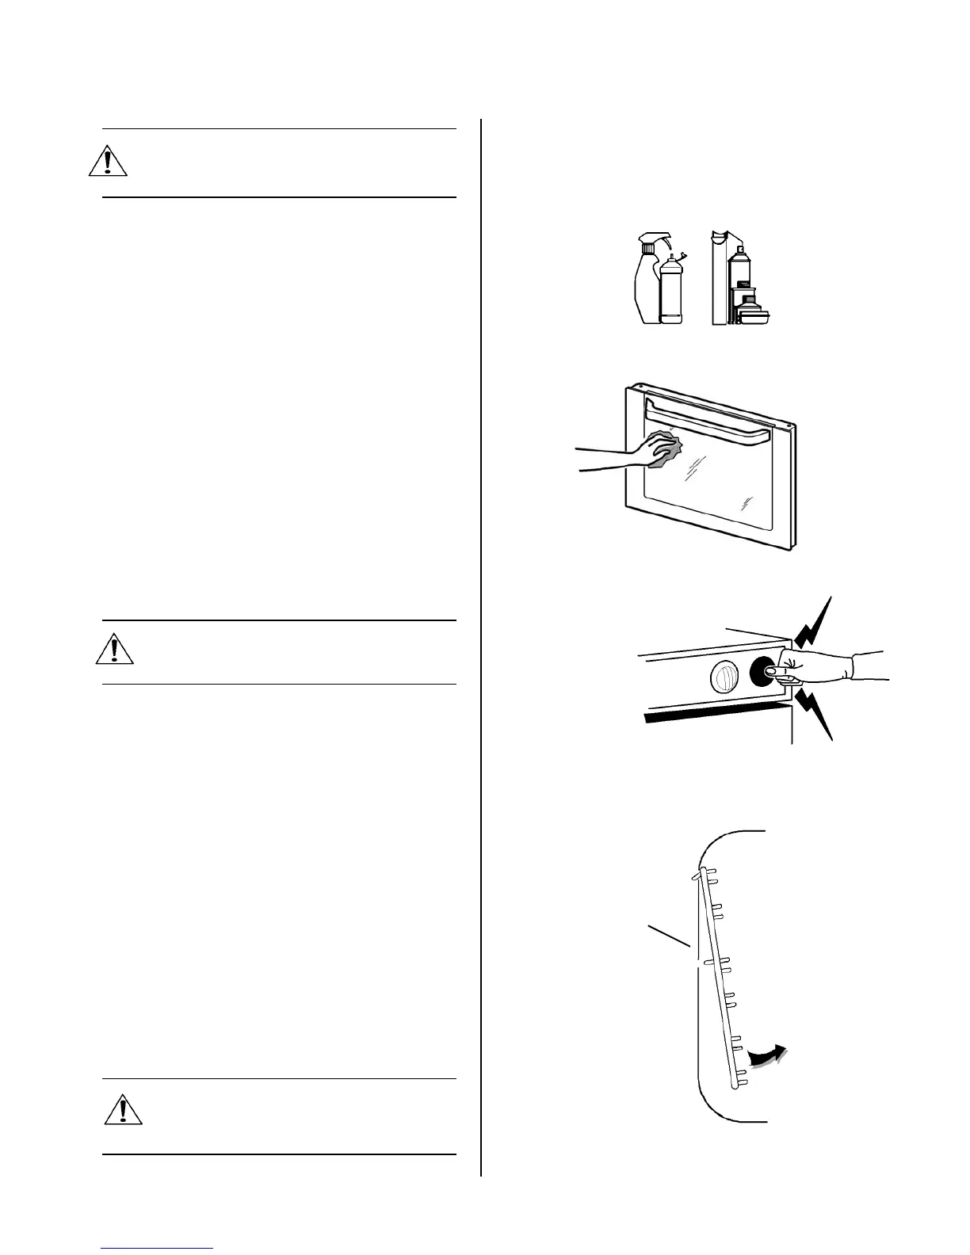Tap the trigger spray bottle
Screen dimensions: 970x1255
(647, 289)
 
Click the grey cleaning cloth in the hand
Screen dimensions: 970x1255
(666, 448)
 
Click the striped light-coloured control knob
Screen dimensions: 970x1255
(723, 676)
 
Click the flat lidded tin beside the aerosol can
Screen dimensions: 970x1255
(754, 315)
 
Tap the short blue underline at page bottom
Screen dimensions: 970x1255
(158, 1249)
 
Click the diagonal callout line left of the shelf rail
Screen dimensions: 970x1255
(670, 936)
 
